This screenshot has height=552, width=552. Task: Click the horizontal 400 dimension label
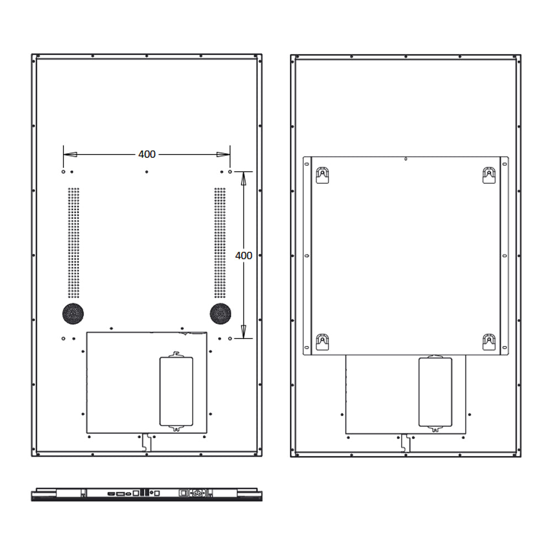pos(147,154)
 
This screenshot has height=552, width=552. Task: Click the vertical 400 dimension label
pos(243,256)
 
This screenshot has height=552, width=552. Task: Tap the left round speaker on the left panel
pos(73,314)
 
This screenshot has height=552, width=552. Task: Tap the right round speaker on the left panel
pos(220,314)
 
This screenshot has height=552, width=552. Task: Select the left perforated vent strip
pos(73,242)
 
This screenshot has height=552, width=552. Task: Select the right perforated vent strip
pos(220,242)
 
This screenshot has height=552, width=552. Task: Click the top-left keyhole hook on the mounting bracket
pos(322,176)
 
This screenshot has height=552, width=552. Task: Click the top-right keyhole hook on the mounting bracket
pos(489,176)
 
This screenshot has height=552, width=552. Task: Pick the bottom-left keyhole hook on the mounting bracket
pos(322,342)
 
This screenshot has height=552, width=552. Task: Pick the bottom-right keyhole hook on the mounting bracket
pos(489,342)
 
